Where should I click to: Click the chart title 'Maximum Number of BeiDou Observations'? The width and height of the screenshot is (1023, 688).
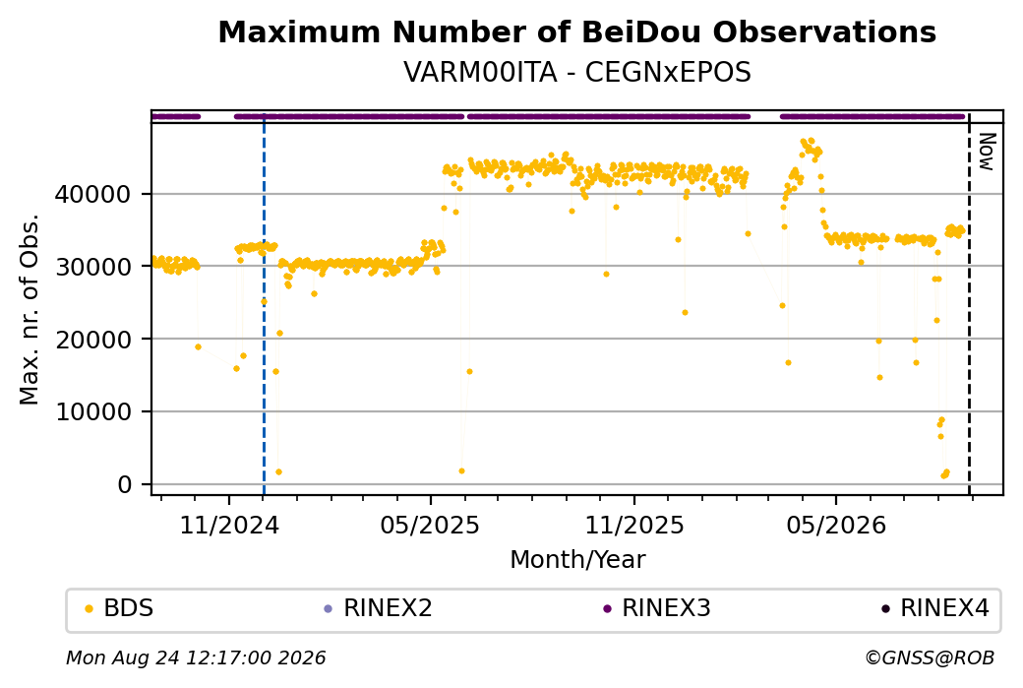[x=576, y=31]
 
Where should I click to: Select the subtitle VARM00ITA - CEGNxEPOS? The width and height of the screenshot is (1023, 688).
[x=576, y=72]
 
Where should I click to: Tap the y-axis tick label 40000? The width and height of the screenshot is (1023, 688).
[x=92, y=194]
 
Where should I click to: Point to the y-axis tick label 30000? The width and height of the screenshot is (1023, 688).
[x=92, y=267]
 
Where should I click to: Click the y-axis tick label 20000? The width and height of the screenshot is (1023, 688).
[x=92, y=340]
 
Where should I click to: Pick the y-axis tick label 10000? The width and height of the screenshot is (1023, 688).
[x=92, y=411]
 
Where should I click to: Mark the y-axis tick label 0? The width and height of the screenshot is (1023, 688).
[x=125, y=484]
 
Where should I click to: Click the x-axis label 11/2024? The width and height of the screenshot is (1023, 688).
[x=229, y=525]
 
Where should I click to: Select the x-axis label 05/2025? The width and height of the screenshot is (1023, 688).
[x=430, y=525]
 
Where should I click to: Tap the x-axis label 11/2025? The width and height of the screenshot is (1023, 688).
[x=634, y=525]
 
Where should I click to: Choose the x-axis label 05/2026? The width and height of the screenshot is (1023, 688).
[x=836, y=525]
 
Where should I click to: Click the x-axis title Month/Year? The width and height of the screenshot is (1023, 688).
[x=577, y=559]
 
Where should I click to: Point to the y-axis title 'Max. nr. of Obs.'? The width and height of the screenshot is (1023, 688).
[x=30, y=309]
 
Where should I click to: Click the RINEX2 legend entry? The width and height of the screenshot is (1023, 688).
[x=379, y=608]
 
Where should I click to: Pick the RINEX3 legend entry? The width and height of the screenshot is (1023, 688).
[x=657, y=608]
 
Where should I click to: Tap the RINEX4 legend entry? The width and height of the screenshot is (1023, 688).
[x=934, y=608]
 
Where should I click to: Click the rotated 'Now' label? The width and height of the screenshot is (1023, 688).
[x=988, y=152]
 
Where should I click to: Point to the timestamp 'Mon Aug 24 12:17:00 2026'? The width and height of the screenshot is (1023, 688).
[x=196, y=657]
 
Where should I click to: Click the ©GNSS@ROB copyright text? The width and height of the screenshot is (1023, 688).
[x=931, y=657]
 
